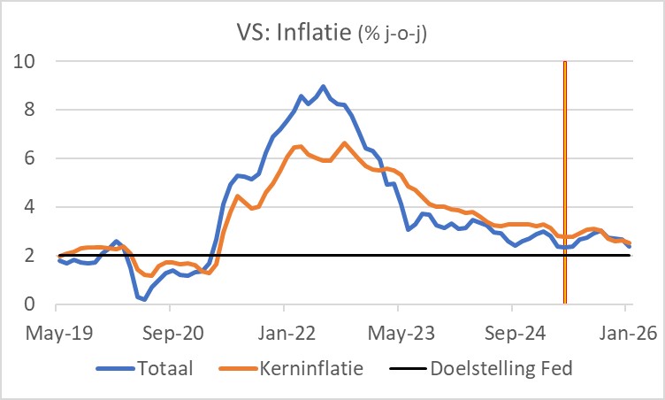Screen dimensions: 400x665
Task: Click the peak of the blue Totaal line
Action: coord(324,87)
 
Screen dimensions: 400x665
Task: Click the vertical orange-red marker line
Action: coord(564,177)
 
